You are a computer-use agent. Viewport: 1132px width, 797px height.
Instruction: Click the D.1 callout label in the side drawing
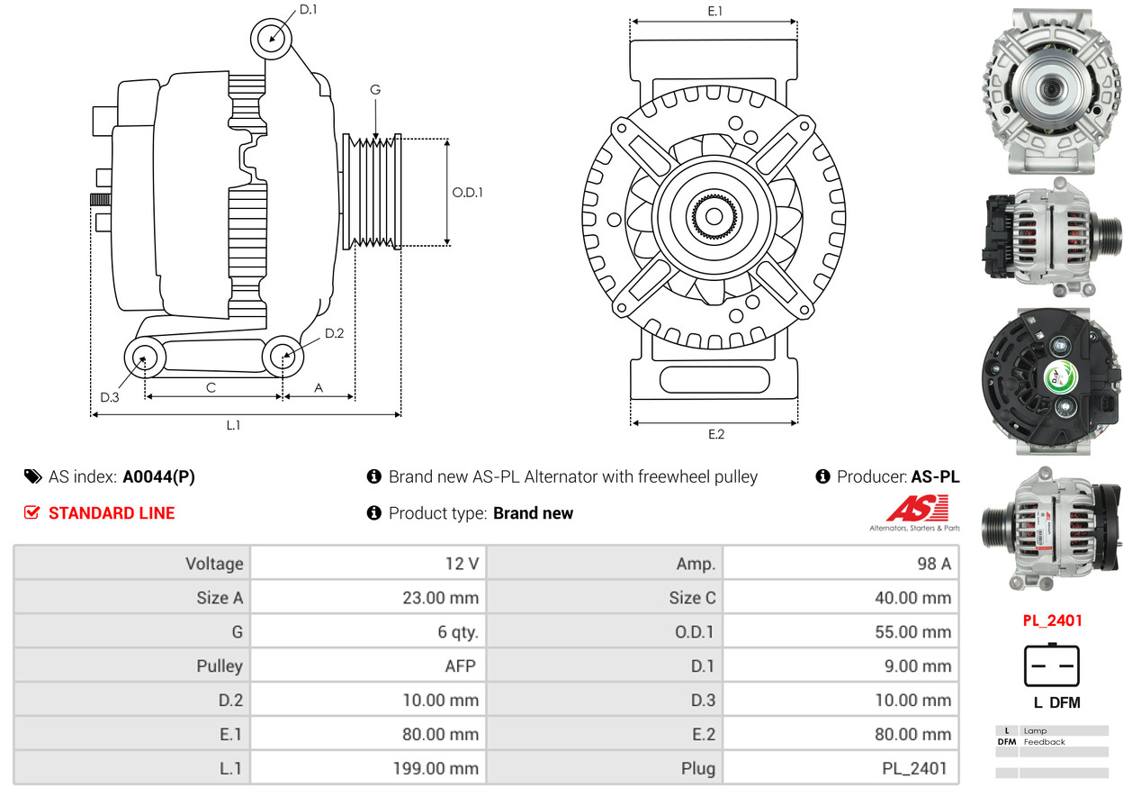308,10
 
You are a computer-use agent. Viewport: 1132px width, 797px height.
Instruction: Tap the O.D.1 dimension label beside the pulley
467,192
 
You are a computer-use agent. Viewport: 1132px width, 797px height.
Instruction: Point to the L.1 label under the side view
233,425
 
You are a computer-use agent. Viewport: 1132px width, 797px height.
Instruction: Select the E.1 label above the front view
714,11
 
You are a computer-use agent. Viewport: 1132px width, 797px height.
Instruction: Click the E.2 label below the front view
716,434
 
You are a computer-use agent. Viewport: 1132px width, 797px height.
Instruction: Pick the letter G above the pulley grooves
375,89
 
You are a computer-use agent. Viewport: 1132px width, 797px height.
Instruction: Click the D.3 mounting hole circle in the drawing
145,358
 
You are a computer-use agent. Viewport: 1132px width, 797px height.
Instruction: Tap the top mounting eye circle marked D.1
271,39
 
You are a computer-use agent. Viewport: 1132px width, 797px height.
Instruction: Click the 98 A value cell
934,564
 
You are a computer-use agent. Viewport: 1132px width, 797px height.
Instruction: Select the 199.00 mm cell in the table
436,768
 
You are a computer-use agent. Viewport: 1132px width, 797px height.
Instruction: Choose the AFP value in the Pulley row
461,666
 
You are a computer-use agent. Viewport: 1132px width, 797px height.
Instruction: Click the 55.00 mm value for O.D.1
912,631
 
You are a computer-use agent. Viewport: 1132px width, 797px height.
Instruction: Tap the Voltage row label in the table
214,564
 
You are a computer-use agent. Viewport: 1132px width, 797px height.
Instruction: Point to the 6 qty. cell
458,632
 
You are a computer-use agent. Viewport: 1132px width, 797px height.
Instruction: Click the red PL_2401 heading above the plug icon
1052,620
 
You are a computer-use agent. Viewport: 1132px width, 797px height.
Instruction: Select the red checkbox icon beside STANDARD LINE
31,512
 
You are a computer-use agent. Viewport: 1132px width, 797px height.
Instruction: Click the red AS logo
917,508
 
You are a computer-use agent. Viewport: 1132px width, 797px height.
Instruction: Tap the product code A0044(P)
158,476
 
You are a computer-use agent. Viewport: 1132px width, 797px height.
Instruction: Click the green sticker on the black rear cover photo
1061,377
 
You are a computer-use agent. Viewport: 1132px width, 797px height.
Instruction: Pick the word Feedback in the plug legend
1044,741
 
